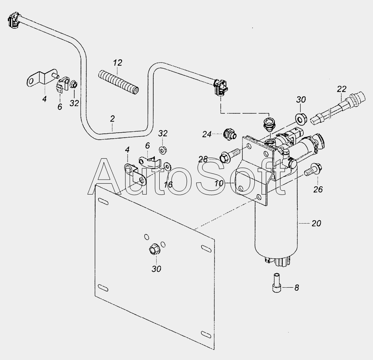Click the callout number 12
(x=117, y=63)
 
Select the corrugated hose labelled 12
(x=119, y=81)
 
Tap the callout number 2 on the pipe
(x=112, y=119)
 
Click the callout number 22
(x=342, y=89)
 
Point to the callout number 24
(x=207, y=134)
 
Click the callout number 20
(x=316, y=223)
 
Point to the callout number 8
(x=297, y=288)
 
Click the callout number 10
(x=219, y=183)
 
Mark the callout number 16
(x=168, y=184)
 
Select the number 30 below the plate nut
(x=156, y=269)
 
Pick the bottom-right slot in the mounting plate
(x=206, y=334)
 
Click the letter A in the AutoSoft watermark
(x=105, y=177)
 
